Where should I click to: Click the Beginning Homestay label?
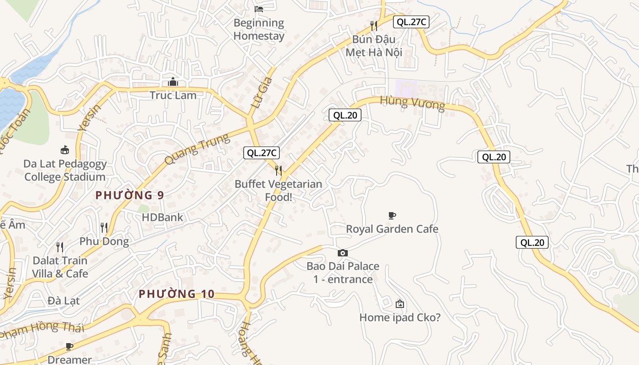point(259,29)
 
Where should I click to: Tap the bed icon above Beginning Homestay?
point(259,9)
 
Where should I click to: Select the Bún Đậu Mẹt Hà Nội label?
point(373,46)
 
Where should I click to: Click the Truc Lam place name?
point(173,95)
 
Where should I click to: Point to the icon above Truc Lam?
point(173,82)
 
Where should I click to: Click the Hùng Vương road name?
point(412,103)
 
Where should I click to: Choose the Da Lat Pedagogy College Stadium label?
point(65,170)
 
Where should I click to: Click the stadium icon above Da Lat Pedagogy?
point(65,150)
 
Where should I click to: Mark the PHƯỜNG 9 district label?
point(130,195)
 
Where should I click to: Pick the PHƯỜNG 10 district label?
point(176,294)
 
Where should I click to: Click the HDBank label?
point(162,217)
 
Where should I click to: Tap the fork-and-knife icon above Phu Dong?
point(104,227)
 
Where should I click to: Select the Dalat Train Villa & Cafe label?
point(60,267)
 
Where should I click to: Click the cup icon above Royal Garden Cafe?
point(392,215)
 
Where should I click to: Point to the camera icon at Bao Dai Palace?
point(343,253)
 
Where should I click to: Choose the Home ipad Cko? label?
point(400,317)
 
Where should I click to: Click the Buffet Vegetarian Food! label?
point(278,191)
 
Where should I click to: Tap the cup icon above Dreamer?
point(69,346)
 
